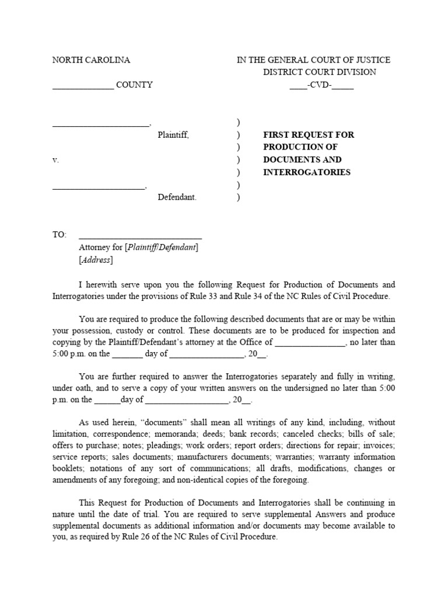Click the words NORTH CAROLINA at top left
click(x=91, y=60)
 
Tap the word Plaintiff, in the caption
click(x=173, y=135)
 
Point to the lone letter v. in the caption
click(x=55, y=159)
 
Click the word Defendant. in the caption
click(x=177, y=197)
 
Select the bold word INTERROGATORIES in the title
click(x=307, y=172)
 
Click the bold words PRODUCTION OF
click(x=300, y=147)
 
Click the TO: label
click(x=60, y=235)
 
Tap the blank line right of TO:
click(x=140, y=237)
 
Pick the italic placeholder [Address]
click(x=96, y=260)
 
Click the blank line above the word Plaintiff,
click(x=101, y=125)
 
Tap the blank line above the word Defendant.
click(x=99, y=188)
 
